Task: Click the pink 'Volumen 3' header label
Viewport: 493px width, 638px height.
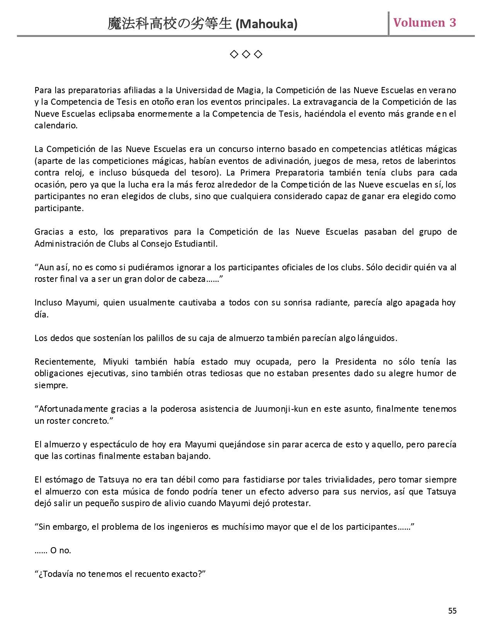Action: point(425,23)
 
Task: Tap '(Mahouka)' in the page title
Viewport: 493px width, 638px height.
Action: point(266,24)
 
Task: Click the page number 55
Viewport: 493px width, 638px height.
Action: point(452,611)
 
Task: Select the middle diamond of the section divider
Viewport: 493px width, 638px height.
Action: point(246,55)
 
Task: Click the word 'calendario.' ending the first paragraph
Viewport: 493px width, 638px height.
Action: point(56,126)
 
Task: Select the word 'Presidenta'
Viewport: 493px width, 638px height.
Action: point(356,362)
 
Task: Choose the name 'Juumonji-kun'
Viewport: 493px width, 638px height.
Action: point(281,409)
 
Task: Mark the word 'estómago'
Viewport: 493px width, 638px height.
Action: point(64,480)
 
